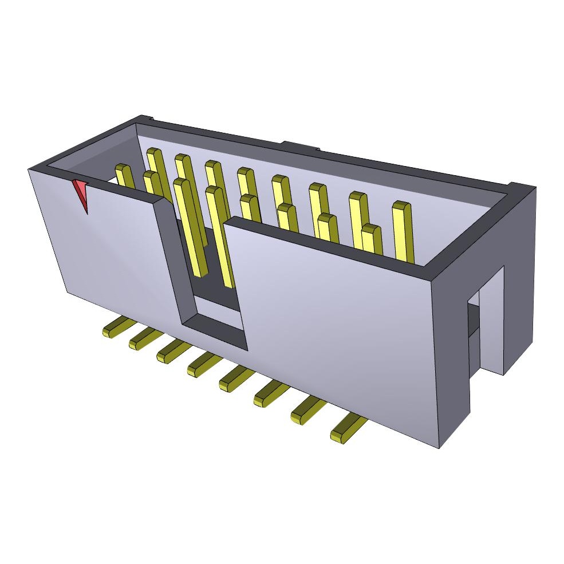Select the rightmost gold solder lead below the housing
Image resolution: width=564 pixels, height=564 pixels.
click(348, 429)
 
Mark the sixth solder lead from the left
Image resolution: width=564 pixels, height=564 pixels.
click(270, 395)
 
